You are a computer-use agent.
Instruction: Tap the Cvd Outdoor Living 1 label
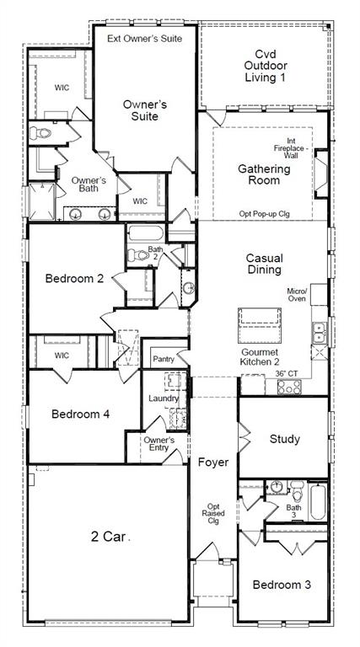point(265,65)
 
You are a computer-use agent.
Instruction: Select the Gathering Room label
point(263,175)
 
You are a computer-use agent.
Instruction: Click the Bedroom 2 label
point(74,278)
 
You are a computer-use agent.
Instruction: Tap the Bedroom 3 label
point(279,585)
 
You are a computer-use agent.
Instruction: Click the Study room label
point(284,439)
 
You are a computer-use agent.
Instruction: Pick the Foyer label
point(213,462)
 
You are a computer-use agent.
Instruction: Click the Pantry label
point(164,360)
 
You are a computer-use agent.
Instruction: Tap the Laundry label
point(164,398)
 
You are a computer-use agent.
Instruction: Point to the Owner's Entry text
point(159,445)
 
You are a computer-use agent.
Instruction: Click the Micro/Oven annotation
point(320,293)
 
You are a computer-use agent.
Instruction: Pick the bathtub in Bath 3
point(317,501)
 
